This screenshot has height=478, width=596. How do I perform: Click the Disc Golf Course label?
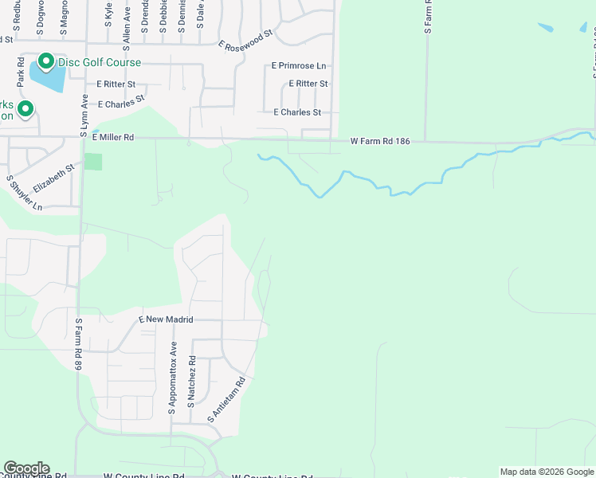click(x=99, y=62)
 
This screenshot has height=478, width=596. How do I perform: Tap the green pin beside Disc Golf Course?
click(x=45, y=61)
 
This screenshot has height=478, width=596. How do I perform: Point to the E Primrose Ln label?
click(x=299, y=65)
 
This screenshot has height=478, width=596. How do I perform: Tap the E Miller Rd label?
click(x=112, y=137)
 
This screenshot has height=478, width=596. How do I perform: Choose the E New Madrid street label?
click(x=167, y=319)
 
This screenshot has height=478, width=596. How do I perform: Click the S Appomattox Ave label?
click(x=173, y=378)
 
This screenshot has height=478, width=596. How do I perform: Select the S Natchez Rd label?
click(x=192, y=382)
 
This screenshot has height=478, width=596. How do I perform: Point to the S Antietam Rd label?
click(x=226, y=399)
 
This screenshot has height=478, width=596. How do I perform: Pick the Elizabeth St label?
click(x=53, y=178)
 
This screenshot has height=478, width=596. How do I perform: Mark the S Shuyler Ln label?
click(x=24, y=193)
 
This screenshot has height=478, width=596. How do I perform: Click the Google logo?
click(x=26, y=468)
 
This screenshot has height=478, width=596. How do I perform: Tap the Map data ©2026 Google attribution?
click(x=547, y=472)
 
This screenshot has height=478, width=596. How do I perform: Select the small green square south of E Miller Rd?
click(x=94, y=162)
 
